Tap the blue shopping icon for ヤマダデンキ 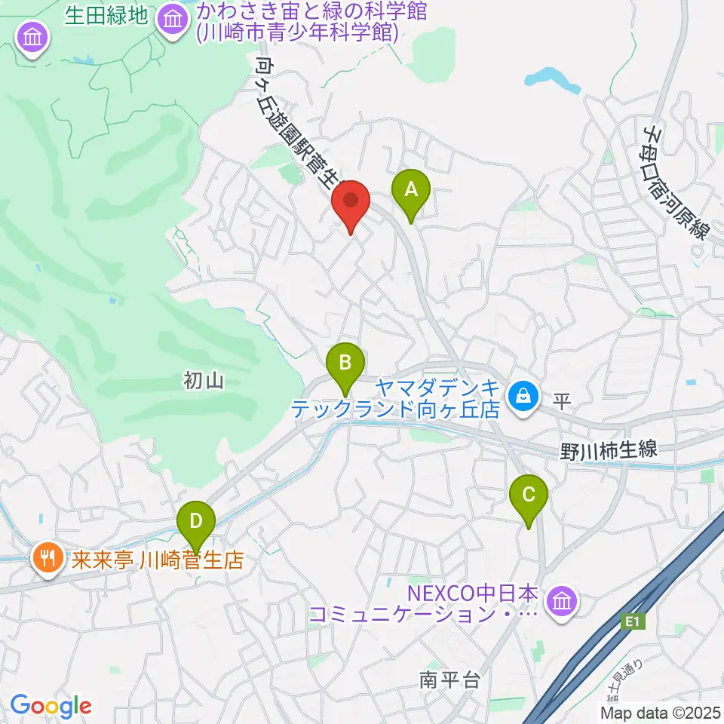(x=521, y=394)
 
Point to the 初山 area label (x=204, y=382)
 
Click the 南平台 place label (x=449, y=680)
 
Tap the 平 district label (x=561, y=400)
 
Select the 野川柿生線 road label (x=609, y=451)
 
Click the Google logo (x=51, y=706)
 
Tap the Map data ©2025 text (x=664, y=710)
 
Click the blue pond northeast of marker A (x=554, y=78)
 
